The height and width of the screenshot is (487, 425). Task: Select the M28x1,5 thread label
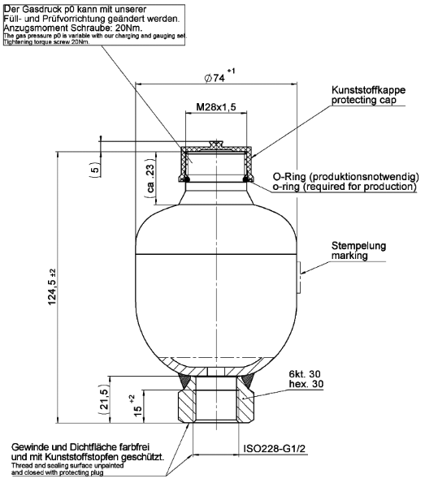click(x=216, y=107)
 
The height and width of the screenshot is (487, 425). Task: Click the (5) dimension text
click(x=95, y=170)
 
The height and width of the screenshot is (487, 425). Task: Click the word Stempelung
click(x=358, y=245)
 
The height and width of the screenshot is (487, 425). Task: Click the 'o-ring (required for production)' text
click(x=344, y=187)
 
